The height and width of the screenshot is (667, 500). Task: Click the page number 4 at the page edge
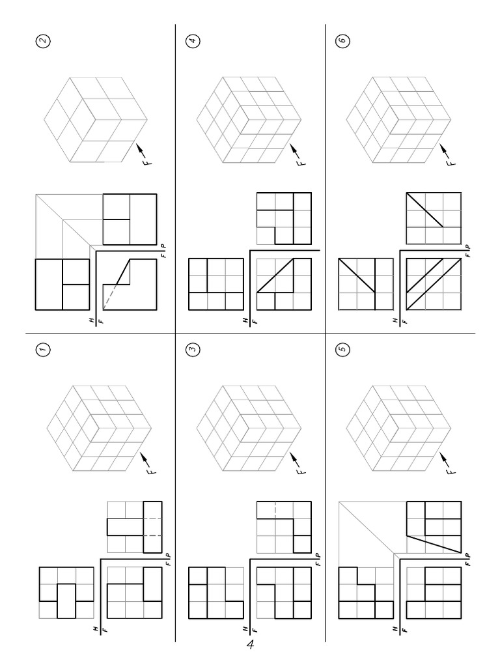click(250, 645)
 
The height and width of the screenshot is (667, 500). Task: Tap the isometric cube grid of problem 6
click(398, 119)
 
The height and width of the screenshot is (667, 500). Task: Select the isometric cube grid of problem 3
click(249, 429)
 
